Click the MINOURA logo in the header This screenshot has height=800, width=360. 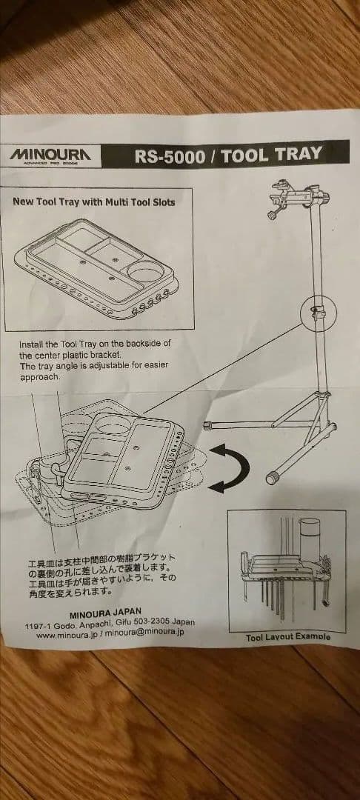(x=51, y=155)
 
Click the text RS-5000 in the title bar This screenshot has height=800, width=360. (x=169, y=156)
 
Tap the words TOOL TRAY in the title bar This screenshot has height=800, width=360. (x=272, y=154)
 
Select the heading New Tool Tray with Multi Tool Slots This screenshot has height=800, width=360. (x=93, y=201)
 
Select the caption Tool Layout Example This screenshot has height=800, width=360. (x=288, y=636)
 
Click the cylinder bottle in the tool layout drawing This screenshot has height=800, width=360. (x=309, y=541)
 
